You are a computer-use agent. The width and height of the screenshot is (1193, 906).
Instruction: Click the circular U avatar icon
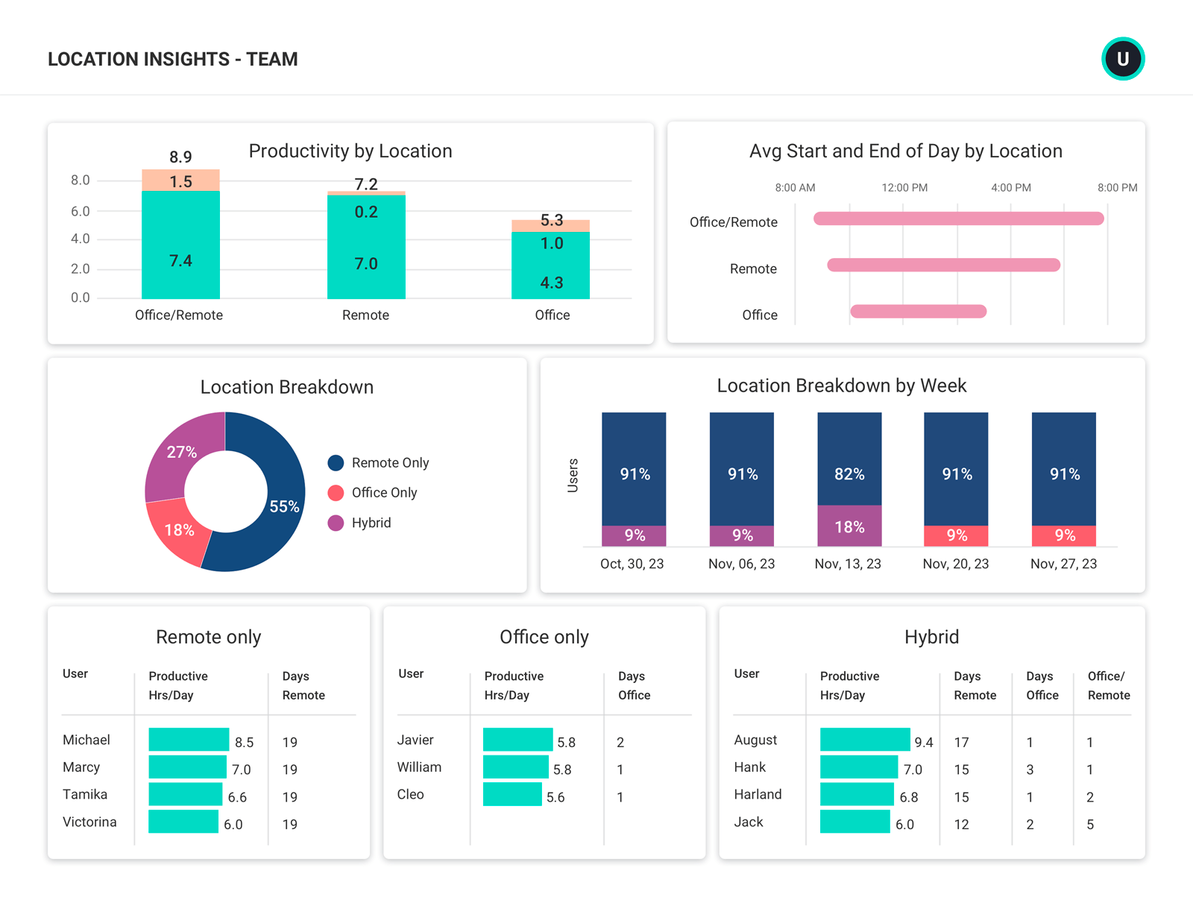coord(1123,59)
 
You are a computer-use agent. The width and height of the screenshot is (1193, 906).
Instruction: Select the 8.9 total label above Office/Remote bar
coord(180,157)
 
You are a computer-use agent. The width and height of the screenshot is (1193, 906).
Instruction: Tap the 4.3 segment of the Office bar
coord(551,276)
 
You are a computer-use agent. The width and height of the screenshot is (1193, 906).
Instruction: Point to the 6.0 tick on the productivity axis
coord(81,211)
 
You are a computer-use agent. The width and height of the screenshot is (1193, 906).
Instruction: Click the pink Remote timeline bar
coord(943,265)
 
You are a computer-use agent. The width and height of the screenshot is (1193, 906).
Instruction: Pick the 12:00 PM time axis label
coord(904,188)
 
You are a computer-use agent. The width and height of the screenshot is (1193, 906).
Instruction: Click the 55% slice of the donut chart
coord(280,515)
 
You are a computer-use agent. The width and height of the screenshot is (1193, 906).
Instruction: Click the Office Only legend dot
coord(336,493)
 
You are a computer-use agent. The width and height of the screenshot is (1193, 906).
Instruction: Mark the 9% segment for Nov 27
coord(1064,535)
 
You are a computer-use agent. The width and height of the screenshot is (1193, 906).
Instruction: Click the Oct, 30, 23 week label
coord(632,564)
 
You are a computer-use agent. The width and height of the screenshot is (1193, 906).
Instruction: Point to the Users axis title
coord(573,476)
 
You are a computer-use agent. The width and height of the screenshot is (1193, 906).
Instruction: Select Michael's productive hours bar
coord(189,740)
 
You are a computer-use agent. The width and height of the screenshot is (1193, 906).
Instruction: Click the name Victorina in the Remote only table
coord(89,822)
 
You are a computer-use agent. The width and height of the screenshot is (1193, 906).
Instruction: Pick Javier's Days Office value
coord(620,743)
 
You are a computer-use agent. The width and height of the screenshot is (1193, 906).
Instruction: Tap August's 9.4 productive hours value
coord(924,743)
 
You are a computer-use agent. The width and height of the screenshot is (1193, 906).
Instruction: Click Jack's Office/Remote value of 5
coord(1090,825)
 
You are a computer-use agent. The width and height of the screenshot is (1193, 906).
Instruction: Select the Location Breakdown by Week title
coord(842,386)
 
